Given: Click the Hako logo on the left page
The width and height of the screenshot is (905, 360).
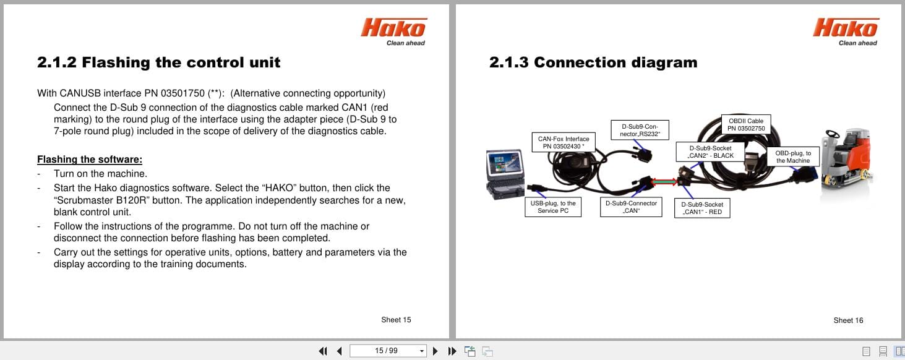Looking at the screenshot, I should (393, 29).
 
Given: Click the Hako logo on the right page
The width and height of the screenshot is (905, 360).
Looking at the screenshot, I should (846, 29).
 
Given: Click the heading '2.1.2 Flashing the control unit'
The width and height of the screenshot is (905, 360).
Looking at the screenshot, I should (158, 62).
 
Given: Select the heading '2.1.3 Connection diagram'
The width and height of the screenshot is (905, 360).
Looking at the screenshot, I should (593, 62).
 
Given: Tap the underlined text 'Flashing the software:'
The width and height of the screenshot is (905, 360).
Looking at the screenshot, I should (90, 160).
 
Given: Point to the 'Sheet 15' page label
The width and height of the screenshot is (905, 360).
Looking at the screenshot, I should (396, 320).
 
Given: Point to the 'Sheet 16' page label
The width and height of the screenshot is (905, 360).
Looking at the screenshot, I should (848, 320).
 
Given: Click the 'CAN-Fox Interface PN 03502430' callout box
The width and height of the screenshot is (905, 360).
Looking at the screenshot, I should (563, 142).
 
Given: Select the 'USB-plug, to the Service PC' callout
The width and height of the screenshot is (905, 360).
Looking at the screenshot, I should (552, 207).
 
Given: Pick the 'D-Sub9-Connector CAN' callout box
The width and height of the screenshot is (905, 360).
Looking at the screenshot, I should (631, 207).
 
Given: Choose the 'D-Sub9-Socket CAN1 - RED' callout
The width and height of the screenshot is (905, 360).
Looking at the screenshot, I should (702, 208).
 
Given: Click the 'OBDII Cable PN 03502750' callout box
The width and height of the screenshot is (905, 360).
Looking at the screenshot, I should (746, 124).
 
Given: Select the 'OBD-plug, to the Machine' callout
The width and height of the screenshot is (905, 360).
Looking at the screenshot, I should (793, 156).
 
